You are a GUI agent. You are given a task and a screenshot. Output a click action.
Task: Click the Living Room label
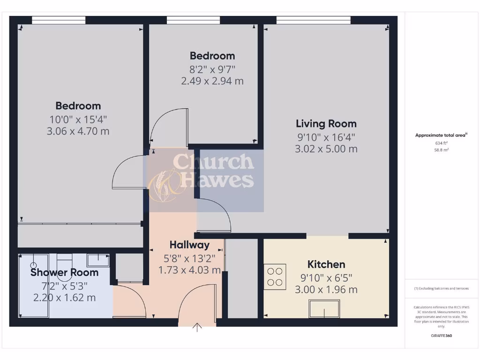click(x=326, y=124)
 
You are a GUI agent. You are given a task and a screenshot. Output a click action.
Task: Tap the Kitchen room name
click(x=326, y=264)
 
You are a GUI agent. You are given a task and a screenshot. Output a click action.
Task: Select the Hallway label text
click(x=189, y=245)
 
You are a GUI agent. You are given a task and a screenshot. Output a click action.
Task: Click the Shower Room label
click(x=65, y=272)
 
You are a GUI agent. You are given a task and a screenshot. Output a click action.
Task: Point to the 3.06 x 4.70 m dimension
click(x=78, y=131)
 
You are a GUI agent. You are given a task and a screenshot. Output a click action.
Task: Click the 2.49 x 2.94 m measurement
click(x=212, y=81)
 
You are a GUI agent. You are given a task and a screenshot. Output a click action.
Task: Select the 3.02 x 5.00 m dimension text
click(x=326, y=149)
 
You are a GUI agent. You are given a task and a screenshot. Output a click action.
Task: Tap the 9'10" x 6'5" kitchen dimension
click(x=326, y=277)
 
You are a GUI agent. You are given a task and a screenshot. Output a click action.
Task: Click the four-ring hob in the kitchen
click(x=275, y=276)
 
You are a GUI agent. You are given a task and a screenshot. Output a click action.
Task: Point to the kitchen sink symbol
click(x=324, y=309)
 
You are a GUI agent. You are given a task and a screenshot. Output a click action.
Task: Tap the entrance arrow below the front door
click(x=197, y=327)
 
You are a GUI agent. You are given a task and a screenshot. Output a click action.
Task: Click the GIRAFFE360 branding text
click(x=441, y=336)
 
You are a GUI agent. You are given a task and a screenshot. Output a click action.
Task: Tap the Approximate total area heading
click(x=441, y=135)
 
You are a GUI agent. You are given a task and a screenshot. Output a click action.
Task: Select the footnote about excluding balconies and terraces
click(x=441, y=288)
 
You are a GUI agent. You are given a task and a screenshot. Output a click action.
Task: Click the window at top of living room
click(x=313, y=20)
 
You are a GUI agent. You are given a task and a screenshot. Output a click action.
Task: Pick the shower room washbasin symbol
click(x=98, y=259)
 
